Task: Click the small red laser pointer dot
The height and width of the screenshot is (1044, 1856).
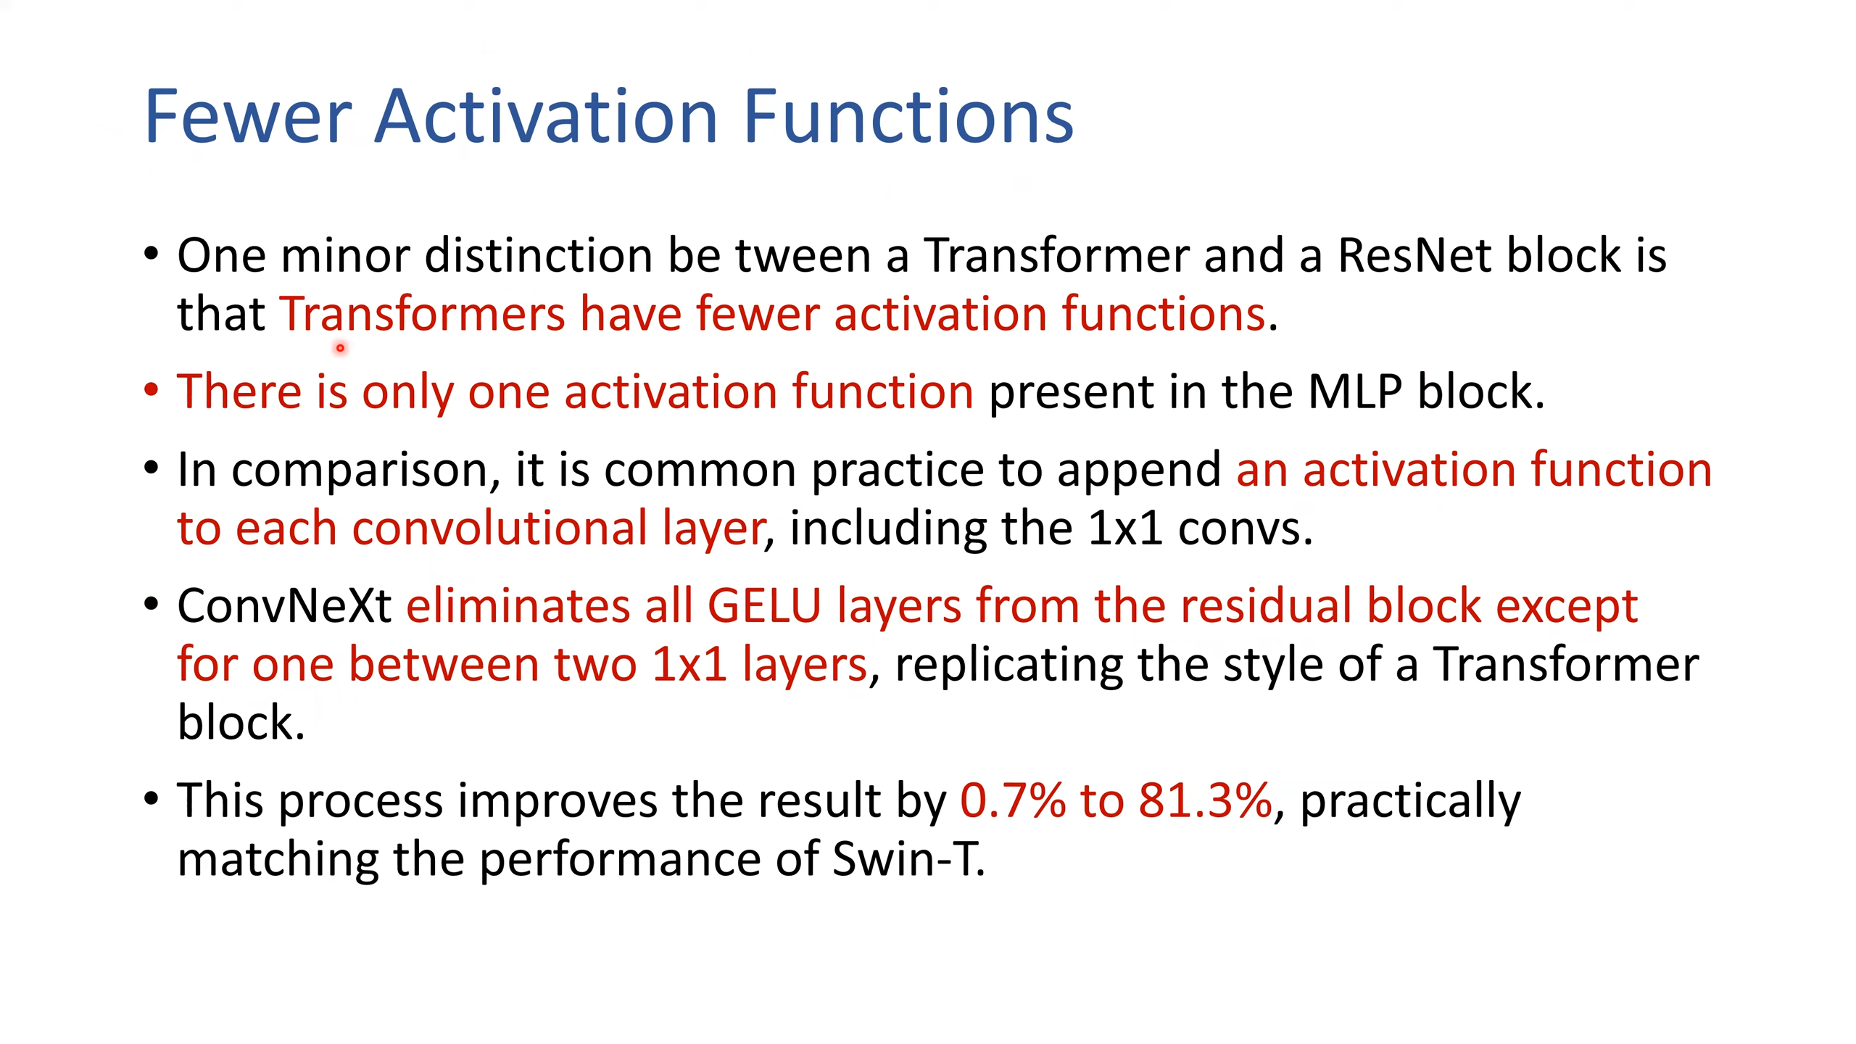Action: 340,349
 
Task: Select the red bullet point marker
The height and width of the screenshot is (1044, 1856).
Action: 151,391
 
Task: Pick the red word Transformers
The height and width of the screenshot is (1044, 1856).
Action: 422,314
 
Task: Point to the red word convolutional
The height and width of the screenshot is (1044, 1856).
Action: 500,528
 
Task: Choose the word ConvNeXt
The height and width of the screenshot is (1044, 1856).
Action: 284,606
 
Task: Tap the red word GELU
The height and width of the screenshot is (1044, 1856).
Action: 764,606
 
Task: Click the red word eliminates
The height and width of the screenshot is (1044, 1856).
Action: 518,606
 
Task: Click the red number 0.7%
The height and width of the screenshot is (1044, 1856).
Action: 1013,800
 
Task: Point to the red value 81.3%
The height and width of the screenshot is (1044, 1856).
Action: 1205,800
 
